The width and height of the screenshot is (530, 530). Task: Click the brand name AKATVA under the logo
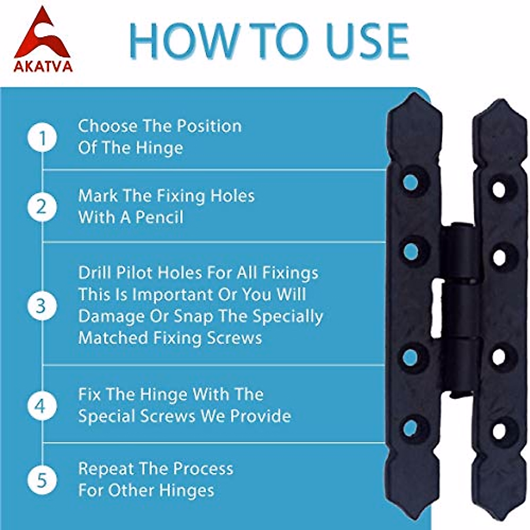tap(43, 66)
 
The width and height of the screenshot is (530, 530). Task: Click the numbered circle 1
tap(42, 138)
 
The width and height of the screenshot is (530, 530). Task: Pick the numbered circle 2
tap(42, 207)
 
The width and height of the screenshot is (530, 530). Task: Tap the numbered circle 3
tap(42, 306)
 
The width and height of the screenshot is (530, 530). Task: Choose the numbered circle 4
tap(42, 405)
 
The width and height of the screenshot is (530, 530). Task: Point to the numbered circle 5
tap(42, 480)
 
